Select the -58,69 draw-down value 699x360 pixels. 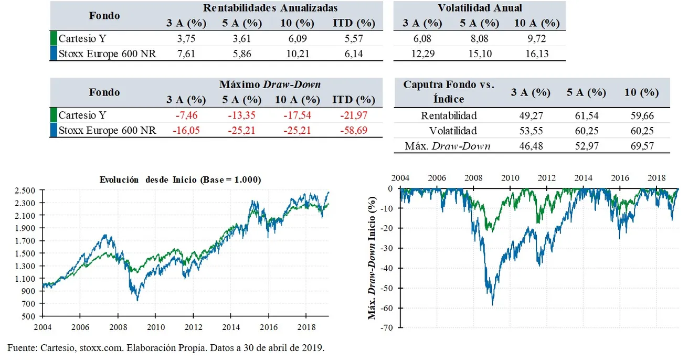[353, 130]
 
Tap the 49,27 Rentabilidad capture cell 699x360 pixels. [531, 116]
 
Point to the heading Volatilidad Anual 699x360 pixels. [479, 8]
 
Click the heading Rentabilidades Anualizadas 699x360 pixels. [270, 8]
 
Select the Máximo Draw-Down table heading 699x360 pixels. [270, 84]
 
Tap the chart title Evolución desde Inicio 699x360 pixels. [180, 179]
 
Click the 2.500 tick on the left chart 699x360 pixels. [25, 190]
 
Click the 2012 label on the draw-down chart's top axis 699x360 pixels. [547, 177]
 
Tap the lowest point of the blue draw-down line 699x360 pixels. [492, 305]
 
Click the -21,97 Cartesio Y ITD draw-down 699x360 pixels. [353, 115]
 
